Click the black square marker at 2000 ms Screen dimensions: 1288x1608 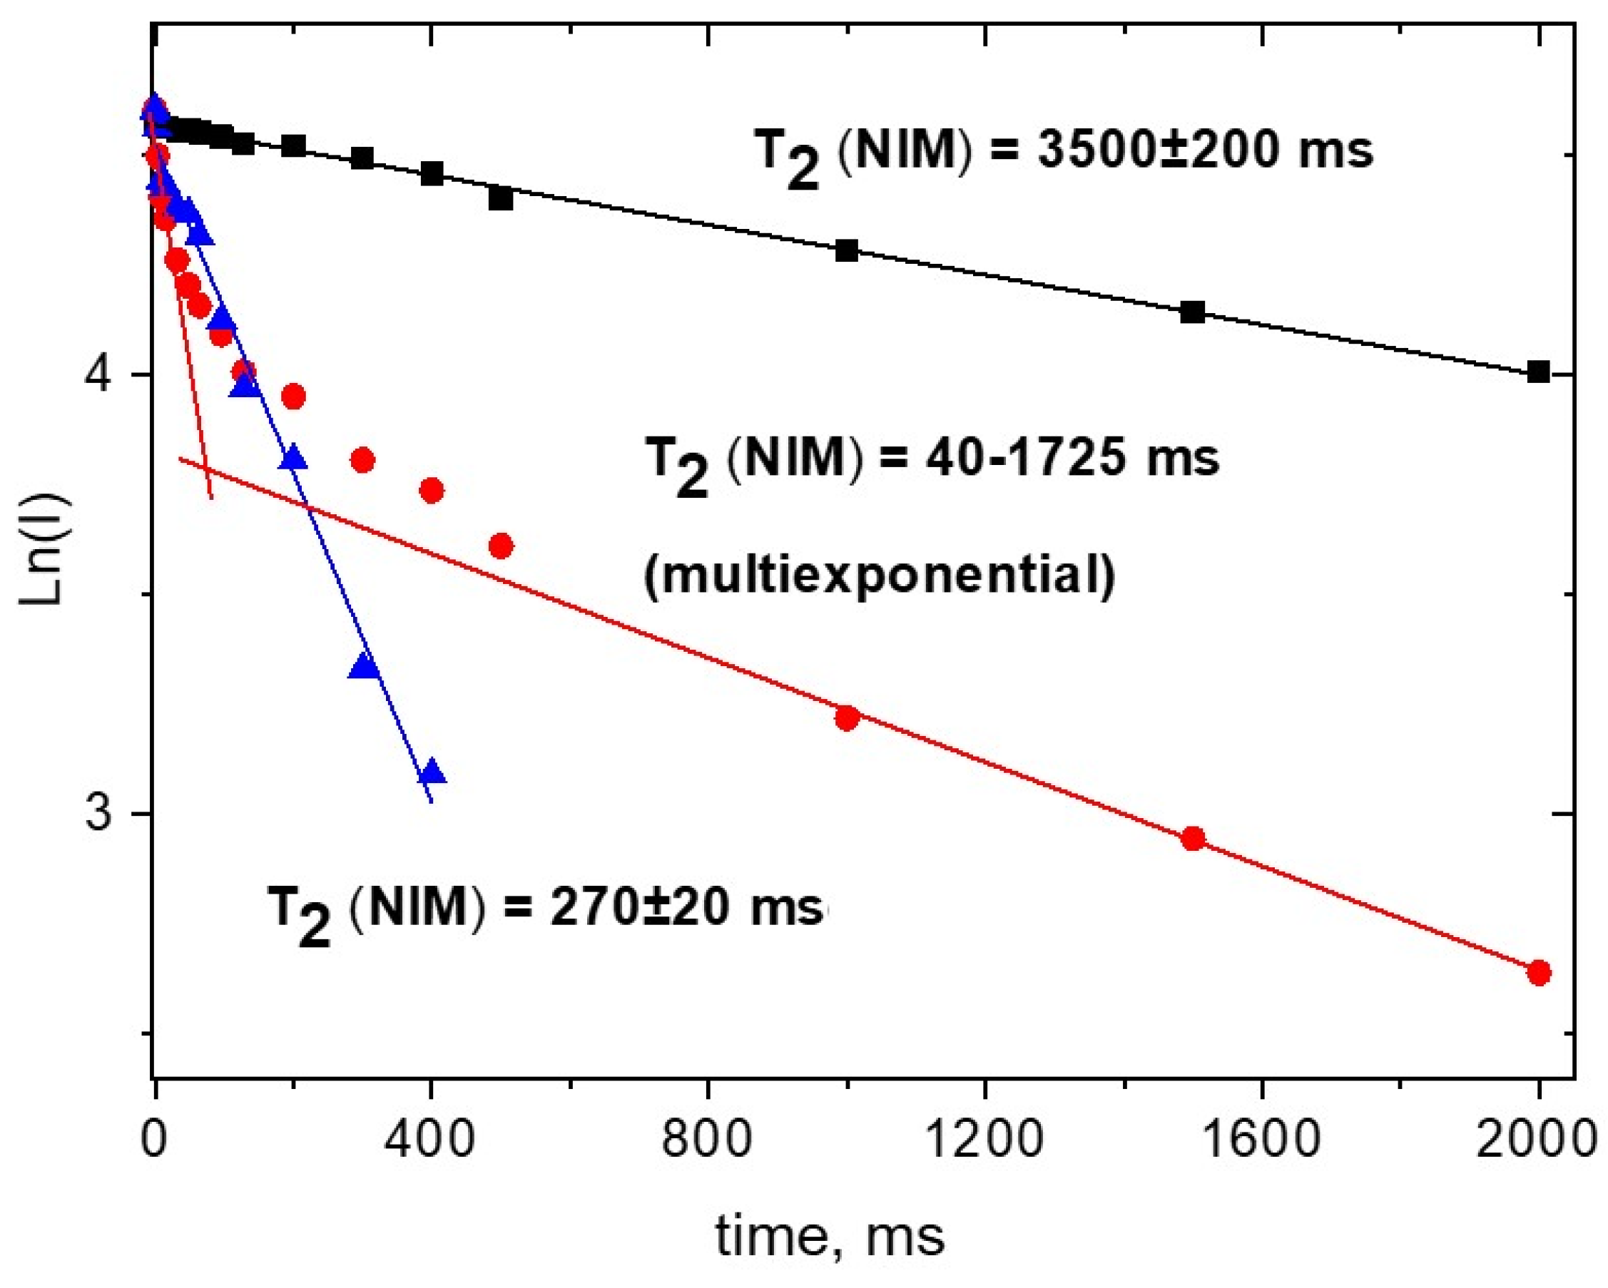pos(1538,372)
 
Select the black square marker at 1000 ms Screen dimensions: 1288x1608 pos(847,250)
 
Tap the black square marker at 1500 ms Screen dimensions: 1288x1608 pos(1193,312)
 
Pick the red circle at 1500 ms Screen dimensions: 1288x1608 pos(1194,838)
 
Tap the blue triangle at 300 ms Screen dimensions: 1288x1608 pos(364,666)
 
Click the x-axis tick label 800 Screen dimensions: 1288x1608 pos(706,1140)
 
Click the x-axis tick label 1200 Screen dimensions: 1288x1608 pos(983,1140)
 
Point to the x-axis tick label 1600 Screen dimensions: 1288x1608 pos(1261,1140)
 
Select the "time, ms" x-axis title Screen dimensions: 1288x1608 pos(830,1237)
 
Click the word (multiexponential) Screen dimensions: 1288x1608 pos(880,575)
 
